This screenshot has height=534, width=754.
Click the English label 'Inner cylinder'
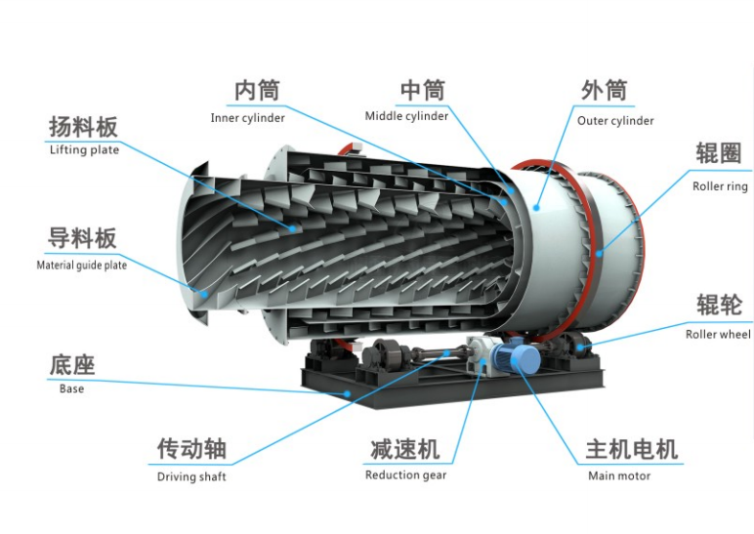(248, 118)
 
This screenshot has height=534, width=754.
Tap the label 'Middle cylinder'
(406, 116)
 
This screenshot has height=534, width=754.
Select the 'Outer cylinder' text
(615, 121)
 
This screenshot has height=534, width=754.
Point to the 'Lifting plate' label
(84, 150)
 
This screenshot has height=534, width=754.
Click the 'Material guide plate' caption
(82, 266)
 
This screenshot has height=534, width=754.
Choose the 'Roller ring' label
(720, 186)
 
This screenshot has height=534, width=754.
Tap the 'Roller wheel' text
(718, 335)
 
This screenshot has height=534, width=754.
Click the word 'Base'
(71, 389)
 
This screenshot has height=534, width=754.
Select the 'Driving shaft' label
(191, 476)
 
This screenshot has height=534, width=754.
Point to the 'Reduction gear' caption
(406, 475)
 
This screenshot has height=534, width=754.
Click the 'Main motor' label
(619, 475)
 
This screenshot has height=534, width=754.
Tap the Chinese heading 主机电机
(631, 449)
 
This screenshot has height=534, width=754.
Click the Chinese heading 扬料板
(83, 127)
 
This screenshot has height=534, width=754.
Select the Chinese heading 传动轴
(191, 448)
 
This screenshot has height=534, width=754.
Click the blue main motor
(521, 356)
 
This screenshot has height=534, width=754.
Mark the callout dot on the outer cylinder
(536, 208)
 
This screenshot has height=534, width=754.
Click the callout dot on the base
(347, 393)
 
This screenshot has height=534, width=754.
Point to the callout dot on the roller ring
(599, 253)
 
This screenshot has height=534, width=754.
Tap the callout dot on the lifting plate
(292, 229)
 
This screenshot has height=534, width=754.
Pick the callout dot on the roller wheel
(580, 346)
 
